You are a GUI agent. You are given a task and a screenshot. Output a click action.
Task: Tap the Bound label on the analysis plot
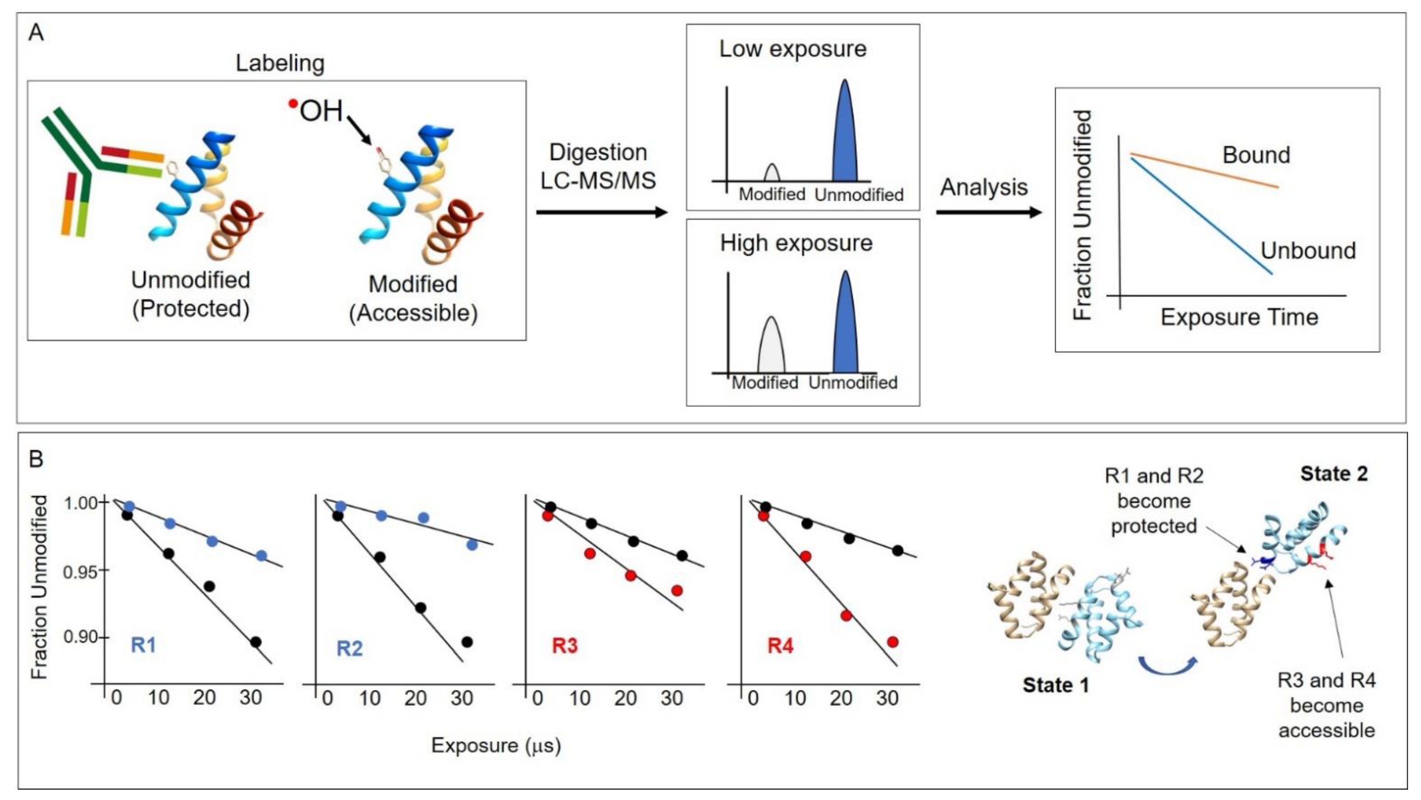click(x=1256, y=155)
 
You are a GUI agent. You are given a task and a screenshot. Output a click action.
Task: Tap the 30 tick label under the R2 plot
click(x=462, y=699)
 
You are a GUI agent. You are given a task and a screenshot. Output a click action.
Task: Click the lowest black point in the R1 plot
click(x=255, y=642)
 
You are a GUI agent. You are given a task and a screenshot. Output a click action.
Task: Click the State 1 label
click(x=1055, y=685)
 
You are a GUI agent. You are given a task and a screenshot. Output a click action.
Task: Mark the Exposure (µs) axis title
click(x=495, y=746)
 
